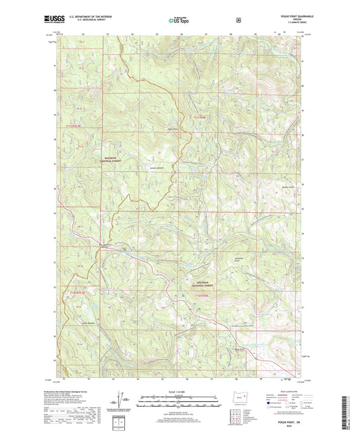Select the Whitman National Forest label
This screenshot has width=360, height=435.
203,285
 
